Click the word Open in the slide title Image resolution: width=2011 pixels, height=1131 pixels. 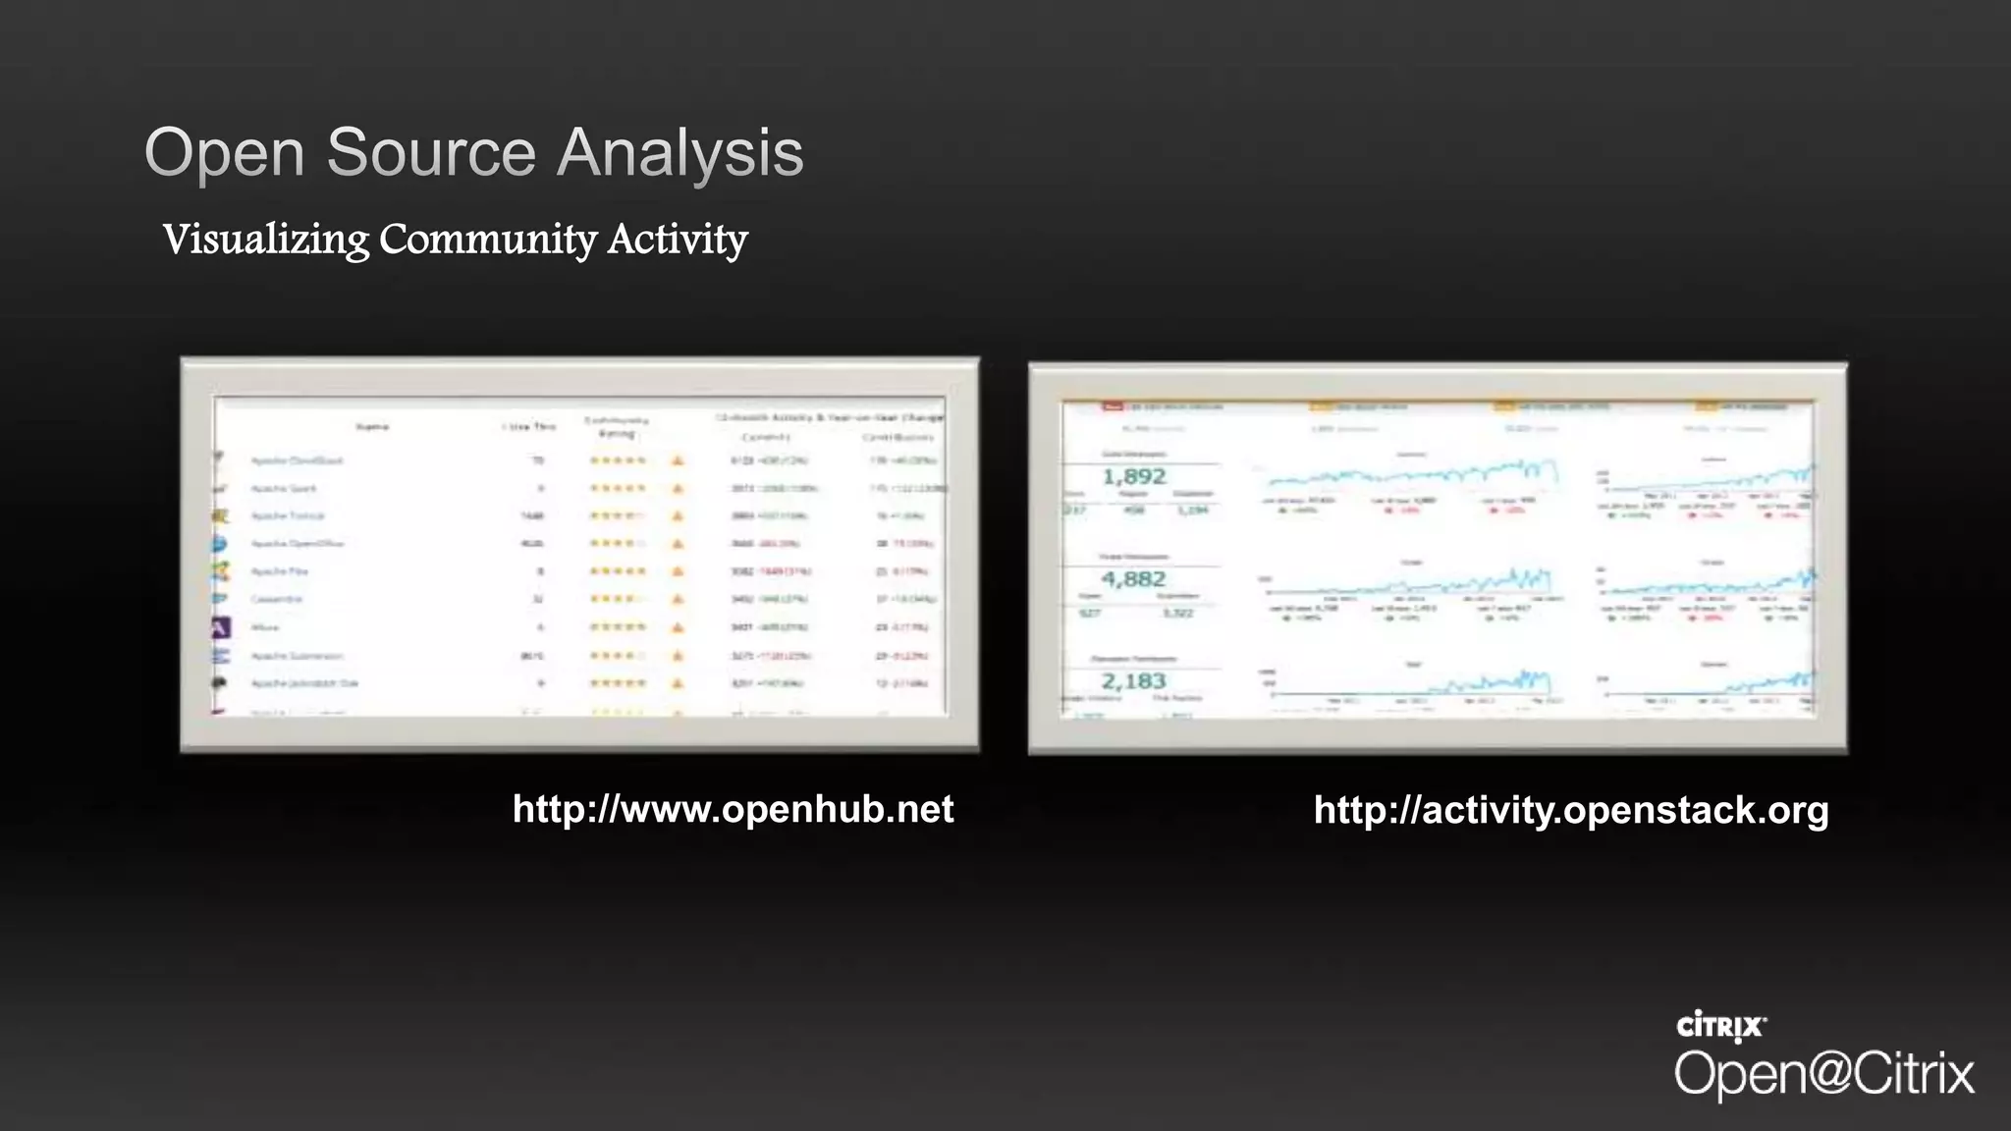click(225, 154)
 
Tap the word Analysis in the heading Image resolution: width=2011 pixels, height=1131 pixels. click(680, 154)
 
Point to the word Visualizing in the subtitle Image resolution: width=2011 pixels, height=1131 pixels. click(265, 240)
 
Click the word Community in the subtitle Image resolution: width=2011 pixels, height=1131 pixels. click(488, 240)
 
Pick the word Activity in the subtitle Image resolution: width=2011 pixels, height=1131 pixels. click(678, 240)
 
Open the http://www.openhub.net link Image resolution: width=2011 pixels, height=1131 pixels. click(733, 810)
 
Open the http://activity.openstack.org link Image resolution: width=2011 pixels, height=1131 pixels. click(1571, 810)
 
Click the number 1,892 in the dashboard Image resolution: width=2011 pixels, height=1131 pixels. click(1134, 477)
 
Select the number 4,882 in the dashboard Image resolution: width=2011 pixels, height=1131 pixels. click(1134, 579)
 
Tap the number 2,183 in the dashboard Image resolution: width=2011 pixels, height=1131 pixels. click(1134, 681)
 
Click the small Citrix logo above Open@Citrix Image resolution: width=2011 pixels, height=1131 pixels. click(1721, 1027)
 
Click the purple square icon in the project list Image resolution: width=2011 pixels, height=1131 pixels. click(221, 627)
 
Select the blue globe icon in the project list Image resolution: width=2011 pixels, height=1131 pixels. click(219, 543)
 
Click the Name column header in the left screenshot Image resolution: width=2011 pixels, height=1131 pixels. click(372, 427)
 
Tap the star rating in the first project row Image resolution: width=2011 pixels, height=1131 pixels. click(618, 460)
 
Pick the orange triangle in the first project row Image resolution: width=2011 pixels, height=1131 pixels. click(678, 460)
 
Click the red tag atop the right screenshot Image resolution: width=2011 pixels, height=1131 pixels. click(1113, 405)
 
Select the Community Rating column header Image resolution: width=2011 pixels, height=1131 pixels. click(617, 426)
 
